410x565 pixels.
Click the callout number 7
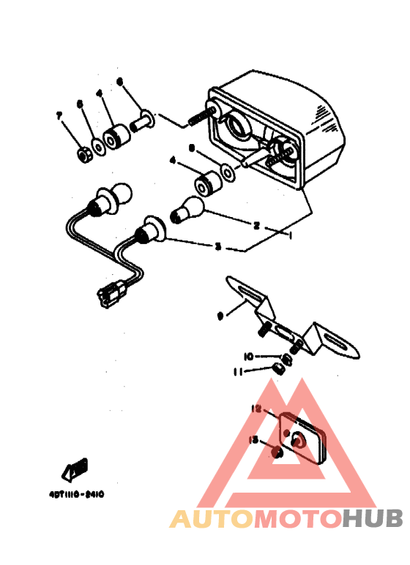coord(59,115)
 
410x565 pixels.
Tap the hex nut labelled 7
coord(83,154)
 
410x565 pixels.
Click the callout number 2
coord(256,225)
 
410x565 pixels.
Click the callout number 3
coord(217,247)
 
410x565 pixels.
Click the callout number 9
coord(220,316)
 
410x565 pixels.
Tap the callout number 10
coord(248,357)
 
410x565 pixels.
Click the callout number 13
coord(253,439)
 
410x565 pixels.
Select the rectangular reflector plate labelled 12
coord(302,439)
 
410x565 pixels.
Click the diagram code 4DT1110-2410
coord(72,493)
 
